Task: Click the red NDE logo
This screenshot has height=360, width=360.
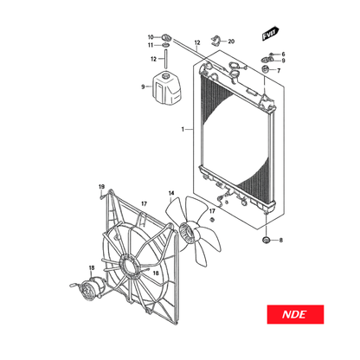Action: click(295, 314)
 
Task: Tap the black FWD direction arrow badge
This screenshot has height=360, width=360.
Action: click(270, 34)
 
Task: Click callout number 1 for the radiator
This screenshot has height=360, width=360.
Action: click(183, 130)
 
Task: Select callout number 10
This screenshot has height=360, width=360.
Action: click(151, 37)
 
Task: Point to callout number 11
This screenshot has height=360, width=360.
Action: click(151, 45)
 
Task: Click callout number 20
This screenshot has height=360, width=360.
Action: click(231, 42)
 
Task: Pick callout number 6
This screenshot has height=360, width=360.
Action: click(283, 55)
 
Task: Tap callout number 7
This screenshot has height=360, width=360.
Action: click(279, 71)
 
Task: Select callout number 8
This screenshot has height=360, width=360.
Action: click(281, 240)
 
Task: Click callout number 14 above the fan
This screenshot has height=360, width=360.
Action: click(171, 193)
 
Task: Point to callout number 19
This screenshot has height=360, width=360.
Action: click(101, 187)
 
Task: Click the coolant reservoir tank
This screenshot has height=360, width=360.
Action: click(167, 88)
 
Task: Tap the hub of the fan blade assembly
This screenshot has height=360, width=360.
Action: click(185, 233)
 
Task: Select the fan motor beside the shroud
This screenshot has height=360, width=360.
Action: click(91, 289)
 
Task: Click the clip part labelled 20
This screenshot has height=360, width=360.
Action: click(215, 41)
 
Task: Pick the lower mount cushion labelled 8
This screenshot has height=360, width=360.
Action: click(266, 240)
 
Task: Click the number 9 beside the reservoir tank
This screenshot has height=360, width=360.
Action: click(143, 87)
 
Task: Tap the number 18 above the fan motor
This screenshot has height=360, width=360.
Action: click(92, 268)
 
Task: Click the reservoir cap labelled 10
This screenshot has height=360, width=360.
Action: click(166, 37)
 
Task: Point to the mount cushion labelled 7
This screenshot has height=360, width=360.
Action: click(265, 69)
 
